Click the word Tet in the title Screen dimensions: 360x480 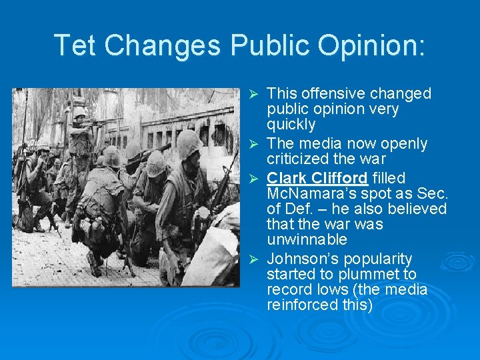tap(75, 45)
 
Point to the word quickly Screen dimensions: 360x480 tap(291, 125)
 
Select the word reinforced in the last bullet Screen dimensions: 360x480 tap(302, 305)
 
